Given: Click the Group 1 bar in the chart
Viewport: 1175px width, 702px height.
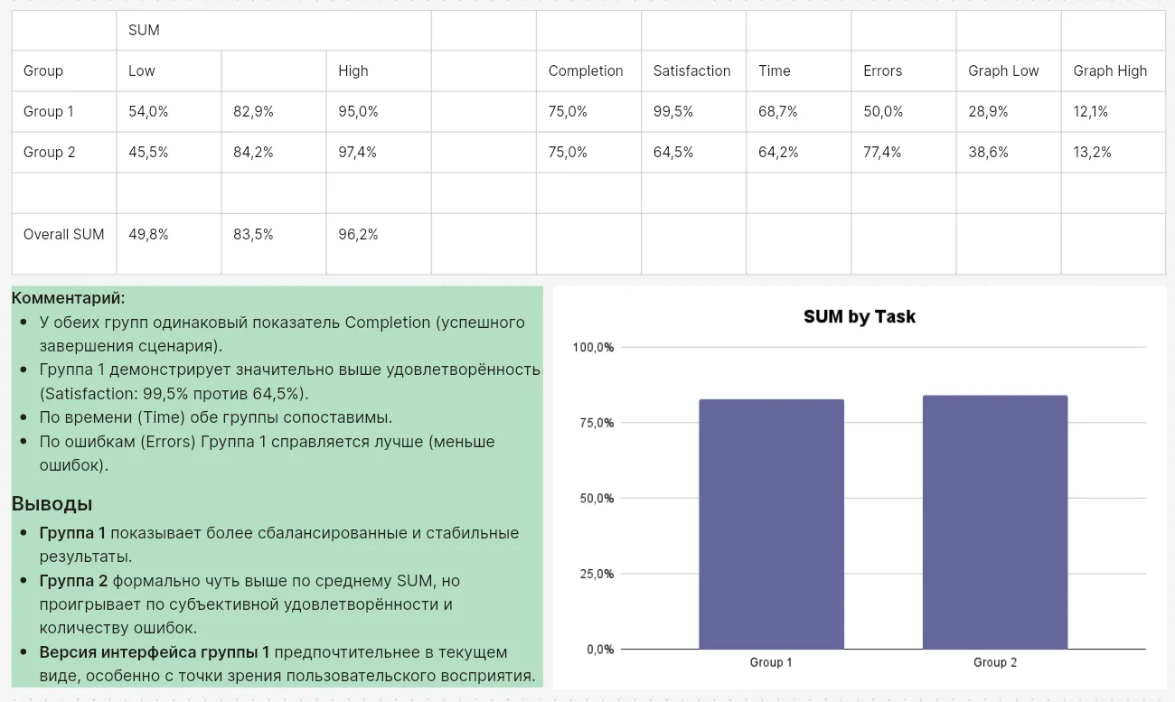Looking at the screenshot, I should [771, 524].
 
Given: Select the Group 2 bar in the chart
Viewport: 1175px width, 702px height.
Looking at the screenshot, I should [994, 522].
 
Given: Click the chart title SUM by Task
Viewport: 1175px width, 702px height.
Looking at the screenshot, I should [860, 317].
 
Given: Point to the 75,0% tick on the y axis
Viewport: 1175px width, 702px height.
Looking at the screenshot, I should [594, 423].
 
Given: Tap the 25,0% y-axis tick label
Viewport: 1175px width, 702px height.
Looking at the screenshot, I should [594, 574].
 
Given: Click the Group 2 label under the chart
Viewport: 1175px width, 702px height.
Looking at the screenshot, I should [994, 662].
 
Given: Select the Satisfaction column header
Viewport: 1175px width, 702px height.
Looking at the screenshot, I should [691, 70].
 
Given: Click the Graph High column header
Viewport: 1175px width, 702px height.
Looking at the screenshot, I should [1110, 70].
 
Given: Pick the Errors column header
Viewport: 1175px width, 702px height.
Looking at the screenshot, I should [882, 70].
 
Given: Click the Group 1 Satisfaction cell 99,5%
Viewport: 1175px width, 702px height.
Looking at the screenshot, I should [673, 111].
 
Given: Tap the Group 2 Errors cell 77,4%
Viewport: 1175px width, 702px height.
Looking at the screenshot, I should [882, 152].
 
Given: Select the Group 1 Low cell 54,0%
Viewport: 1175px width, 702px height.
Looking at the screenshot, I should [148, 111].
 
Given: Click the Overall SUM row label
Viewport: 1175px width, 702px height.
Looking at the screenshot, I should [63, 234].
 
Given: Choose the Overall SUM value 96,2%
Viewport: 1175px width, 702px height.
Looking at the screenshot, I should [358, 234].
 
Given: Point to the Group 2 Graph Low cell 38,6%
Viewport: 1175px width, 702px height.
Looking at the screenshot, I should [988, 152].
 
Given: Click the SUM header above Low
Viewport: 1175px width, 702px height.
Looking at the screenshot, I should [144, 30].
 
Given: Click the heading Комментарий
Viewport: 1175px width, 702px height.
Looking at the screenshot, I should [69, 298].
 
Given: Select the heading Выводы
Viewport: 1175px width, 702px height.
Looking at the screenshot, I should [52, 504].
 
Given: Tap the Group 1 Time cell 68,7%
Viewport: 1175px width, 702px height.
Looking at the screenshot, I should [778, 111].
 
